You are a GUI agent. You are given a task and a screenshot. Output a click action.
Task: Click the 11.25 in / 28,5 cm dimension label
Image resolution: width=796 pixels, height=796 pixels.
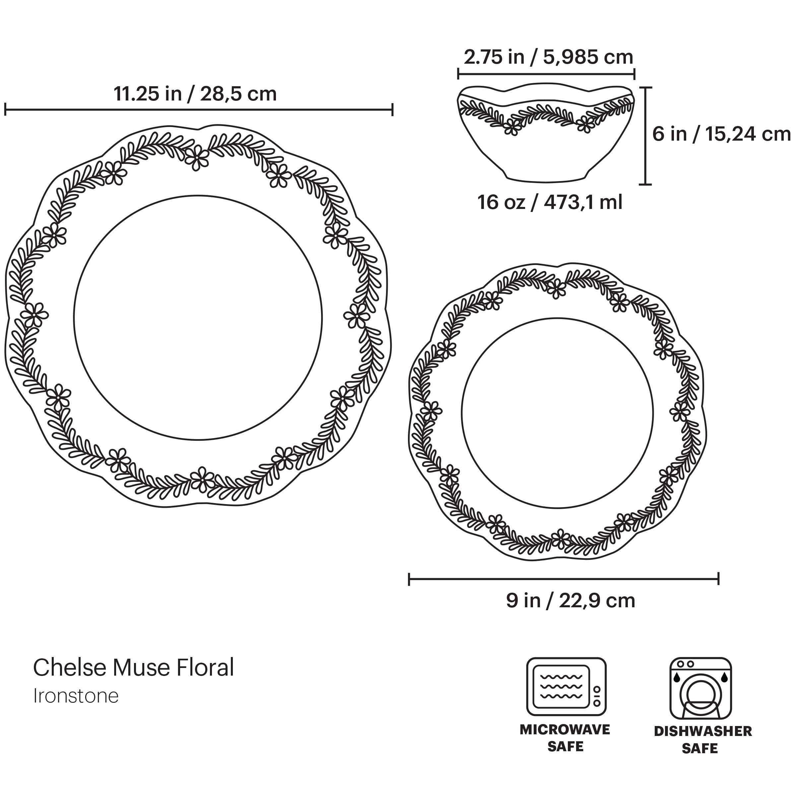point(195,94)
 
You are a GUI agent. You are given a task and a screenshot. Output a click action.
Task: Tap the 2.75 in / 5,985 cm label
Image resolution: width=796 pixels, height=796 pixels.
point(548,57)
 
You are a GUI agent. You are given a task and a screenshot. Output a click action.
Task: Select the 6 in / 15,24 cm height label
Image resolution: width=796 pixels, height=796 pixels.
point(721,134)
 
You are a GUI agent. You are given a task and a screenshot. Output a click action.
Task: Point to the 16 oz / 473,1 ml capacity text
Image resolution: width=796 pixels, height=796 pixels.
point(550,202)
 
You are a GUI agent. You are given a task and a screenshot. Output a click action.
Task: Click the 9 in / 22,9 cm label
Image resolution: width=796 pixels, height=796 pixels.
point(570,601)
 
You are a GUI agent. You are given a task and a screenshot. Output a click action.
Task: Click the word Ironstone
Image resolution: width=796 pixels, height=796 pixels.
point(76,696)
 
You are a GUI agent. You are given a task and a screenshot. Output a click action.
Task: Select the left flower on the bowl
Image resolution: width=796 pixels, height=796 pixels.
point(512,126)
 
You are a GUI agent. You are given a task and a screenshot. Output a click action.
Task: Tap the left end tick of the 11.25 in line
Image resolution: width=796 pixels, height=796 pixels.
point(5,109)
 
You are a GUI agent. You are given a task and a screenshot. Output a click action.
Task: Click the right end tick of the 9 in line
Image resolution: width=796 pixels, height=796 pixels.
point(718,579)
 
